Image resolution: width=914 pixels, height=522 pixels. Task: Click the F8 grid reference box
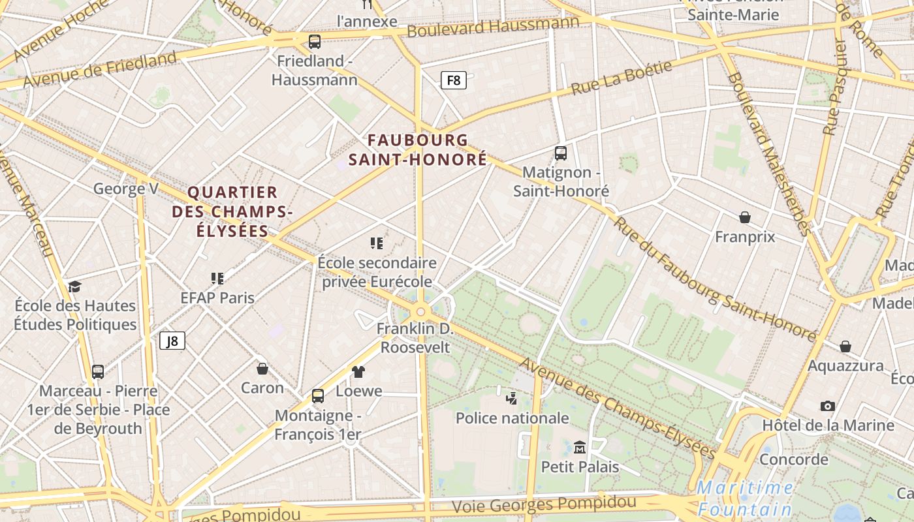click(x=454, y=81)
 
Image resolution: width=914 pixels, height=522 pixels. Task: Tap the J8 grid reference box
click(x=172, y=341)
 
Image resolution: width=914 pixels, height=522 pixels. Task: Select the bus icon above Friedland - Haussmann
click(x=315, y=42)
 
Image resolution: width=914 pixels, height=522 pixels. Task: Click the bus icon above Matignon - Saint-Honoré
click(x=561, y=153)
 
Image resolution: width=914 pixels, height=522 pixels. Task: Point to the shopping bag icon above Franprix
click(x=745, y=217)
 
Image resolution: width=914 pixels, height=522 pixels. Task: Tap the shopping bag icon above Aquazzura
click(x=845, y=346)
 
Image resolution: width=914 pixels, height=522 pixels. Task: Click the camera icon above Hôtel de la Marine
click(x=828, y=406)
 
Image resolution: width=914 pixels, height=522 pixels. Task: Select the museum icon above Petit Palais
click(x=580, y=448)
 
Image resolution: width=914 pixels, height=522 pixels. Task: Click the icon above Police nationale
click(x=512, y=398)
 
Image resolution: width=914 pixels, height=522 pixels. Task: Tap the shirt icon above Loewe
click(x=358, y=372)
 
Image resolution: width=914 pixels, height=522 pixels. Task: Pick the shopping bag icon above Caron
click(x=262, y=369)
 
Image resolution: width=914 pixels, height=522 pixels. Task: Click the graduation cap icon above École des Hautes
click(x=75, y=286)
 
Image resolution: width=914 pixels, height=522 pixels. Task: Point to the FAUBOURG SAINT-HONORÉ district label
click(x=418, y=149)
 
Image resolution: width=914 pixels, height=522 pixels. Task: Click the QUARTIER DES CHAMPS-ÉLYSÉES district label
click(x=232, y=211)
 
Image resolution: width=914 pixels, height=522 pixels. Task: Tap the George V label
click(x=125, y=189)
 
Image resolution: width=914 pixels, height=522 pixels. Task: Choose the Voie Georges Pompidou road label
click(x=544, y=504)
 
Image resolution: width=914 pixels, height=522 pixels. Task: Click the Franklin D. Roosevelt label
click(x=415, y=337)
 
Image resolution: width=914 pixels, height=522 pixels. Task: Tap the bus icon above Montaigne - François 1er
click(x=318, y=395)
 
